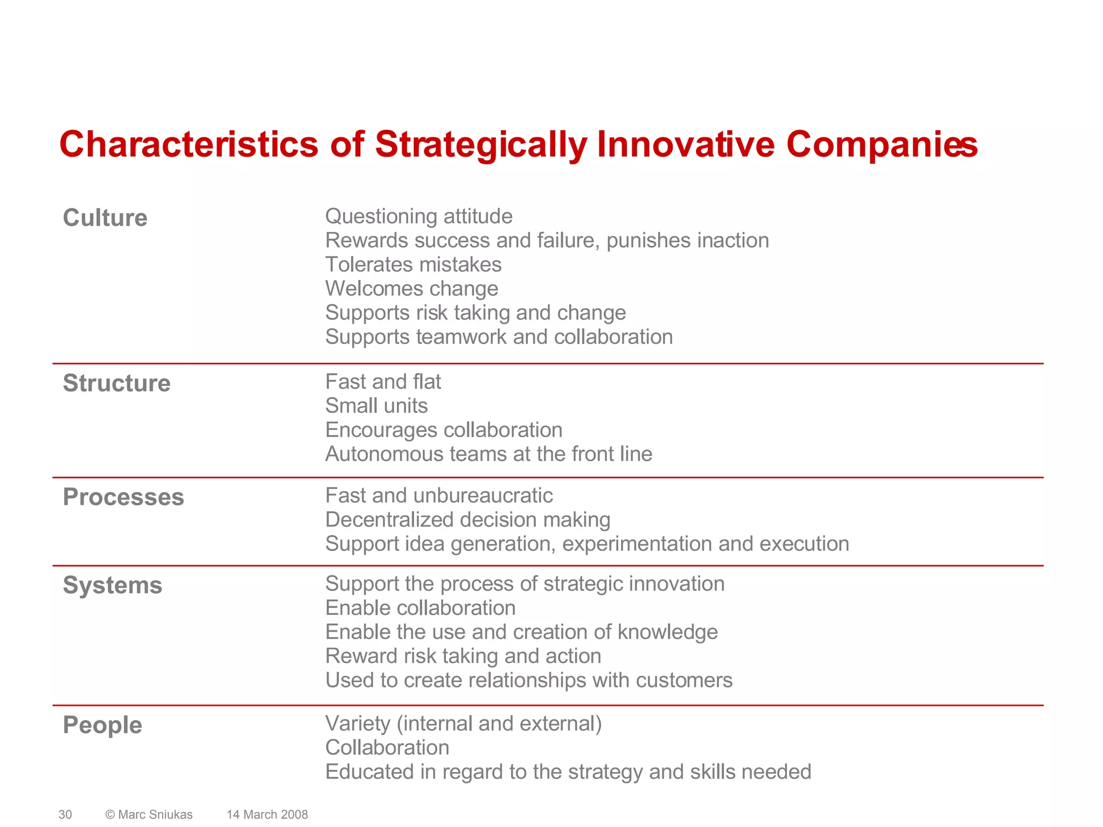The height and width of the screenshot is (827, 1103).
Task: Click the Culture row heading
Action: tap(105, 218)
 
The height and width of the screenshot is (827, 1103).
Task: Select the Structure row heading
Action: tap(116, 383)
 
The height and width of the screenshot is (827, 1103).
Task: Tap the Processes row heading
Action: tap(123, 497)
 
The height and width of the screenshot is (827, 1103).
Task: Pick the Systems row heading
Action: tap(112, 585)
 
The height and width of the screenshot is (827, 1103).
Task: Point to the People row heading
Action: tap(102, 725)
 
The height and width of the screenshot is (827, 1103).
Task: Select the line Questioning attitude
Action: tap(418, 216)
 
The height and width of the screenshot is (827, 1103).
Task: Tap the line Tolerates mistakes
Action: tap(413, 265)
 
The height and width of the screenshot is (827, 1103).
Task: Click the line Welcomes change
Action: tap(411, 289)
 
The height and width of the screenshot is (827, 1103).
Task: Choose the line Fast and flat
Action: tap(383, 382)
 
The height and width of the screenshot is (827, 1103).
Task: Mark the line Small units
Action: tap(376, 406)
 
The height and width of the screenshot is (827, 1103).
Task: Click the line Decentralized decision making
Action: tap(467, 520)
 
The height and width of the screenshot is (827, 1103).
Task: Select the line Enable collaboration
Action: tap(420, 608)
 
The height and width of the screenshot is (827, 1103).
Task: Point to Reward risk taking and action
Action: tap(463, 656)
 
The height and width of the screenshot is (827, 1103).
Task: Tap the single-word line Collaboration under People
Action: tap(387, 748)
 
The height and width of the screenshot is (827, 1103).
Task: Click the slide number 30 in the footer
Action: tap(65, 815)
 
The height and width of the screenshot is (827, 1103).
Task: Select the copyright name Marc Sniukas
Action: tap(155, 815)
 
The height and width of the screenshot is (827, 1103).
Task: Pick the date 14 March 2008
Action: tap(267, 815)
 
